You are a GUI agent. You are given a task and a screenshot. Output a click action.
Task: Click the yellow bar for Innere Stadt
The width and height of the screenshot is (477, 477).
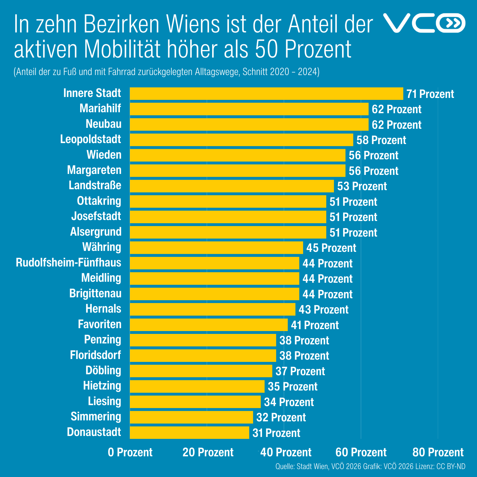click(266, 93)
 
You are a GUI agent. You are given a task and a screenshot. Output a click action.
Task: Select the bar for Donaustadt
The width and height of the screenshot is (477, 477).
click(190, 432)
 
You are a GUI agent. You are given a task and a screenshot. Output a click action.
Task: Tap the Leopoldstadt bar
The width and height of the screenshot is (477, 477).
click(241, 140)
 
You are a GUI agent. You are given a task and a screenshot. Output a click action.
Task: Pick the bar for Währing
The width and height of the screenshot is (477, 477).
click(216, 248)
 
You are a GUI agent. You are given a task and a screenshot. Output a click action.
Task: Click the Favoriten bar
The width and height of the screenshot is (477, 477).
click(209, 325)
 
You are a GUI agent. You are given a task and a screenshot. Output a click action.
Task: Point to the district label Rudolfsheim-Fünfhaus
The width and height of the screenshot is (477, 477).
click(69, 263)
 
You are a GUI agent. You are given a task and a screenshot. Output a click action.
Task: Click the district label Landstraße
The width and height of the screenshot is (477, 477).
click(95, 185)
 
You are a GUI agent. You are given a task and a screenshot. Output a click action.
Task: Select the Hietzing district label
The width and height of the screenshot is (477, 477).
click(102, 386)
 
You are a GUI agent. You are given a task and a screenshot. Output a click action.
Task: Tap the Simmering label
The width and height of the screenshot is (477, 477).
click(96, 417)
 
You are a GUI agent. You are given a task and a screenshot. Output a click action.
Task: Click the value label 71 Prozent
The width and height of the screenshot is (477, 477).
click(430, 94)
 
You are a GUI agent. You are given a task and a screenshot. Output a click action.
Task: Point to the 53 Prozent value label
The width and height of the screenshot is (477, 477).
click(362, 186)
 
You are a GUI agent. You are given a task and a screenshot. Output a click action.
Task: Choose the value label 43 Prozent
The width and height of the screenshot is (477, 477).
click(323, 309)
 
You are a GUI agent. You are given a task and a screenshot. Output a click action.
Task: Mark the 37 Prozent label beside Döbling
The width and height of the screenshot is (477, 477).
click(300, 371)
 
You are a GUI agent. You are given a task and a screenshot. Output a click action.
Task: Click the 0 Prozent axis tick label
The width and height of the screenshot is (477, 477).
click(130, 452)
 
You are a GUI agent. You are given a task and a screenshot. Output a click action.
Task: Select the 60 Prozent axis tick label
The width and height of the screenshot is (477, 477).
click(361, 452)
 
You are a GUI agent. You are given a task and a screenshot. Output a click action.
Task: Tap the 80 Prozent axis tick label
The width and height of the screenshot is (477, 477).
click(438, 452)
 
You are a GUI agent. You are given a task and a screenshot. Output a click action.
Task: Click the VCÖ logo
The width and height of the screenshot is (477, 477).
click(424, 23)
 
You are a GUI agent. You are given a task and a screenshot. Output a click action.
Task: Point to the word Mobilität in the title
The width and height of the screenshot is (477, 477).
click(123, 49)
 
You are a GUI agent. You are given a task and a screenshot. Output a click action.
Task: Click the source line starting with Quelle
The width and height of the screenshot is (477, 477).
click(370, 467)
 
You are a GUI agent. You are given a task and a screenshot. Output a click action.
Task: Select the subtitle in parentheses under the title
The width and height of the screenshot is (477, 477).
click(166, 72)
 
